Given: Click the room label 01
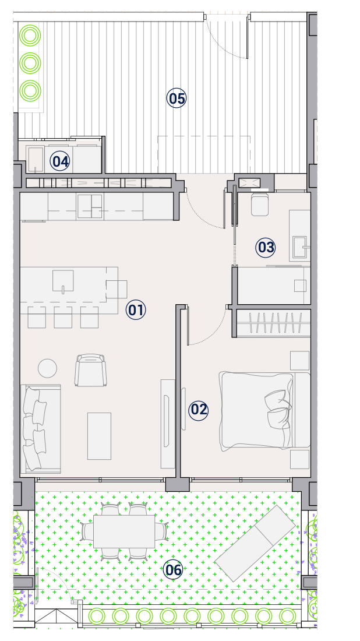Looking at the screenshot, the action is click(x=136, y=310).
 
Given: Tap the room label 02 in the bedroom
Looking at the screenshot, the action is click(x=199, y=410).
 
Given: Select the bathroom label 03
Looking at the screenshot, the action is click(x=266, y=248).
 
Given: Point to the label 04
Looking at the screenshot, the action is click(x=60, y=161).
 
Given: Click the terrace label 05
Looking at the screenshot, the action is click(x=177, y=98).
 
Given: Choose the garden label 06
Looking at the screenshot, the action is click(x=173, y=570).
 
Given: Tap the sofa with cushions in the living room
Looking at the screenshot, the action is click(x=40, y=429).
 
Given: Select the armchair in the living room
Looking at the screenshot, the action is click(x=90, y=370).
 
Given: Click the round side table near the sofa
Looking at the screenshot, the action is click(x=47, y=368).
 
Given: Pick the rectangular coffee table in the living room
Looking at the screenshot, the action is click(x=99, y=436).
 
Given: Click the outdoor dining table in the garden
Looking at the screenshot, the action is click(x=124, y=531).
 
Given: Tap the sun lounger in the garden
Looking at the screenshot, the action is click(x=255, y=543).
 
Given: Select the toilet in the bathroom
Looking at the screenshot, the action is click(x=259, y=204).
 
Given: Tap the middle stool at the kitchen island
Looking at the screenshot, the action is click(x=63, y=317).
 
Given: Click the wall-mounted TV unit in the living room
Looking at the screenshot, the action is click(x=168, y=424).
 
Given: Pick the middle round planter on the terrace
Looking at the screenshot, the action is click(x=30, y=64).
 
